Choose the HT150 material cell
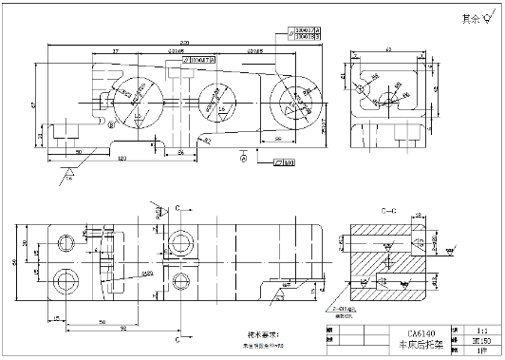(480, 338)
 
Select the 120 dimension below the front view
(122, 157)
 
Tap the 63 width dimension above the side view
(389, 47)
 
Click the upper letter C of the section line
(178, 206)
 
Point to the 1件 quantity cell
(480, 350)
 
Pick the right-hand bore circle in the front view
(293, 98)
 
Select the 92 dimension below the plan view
(124, 329)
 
